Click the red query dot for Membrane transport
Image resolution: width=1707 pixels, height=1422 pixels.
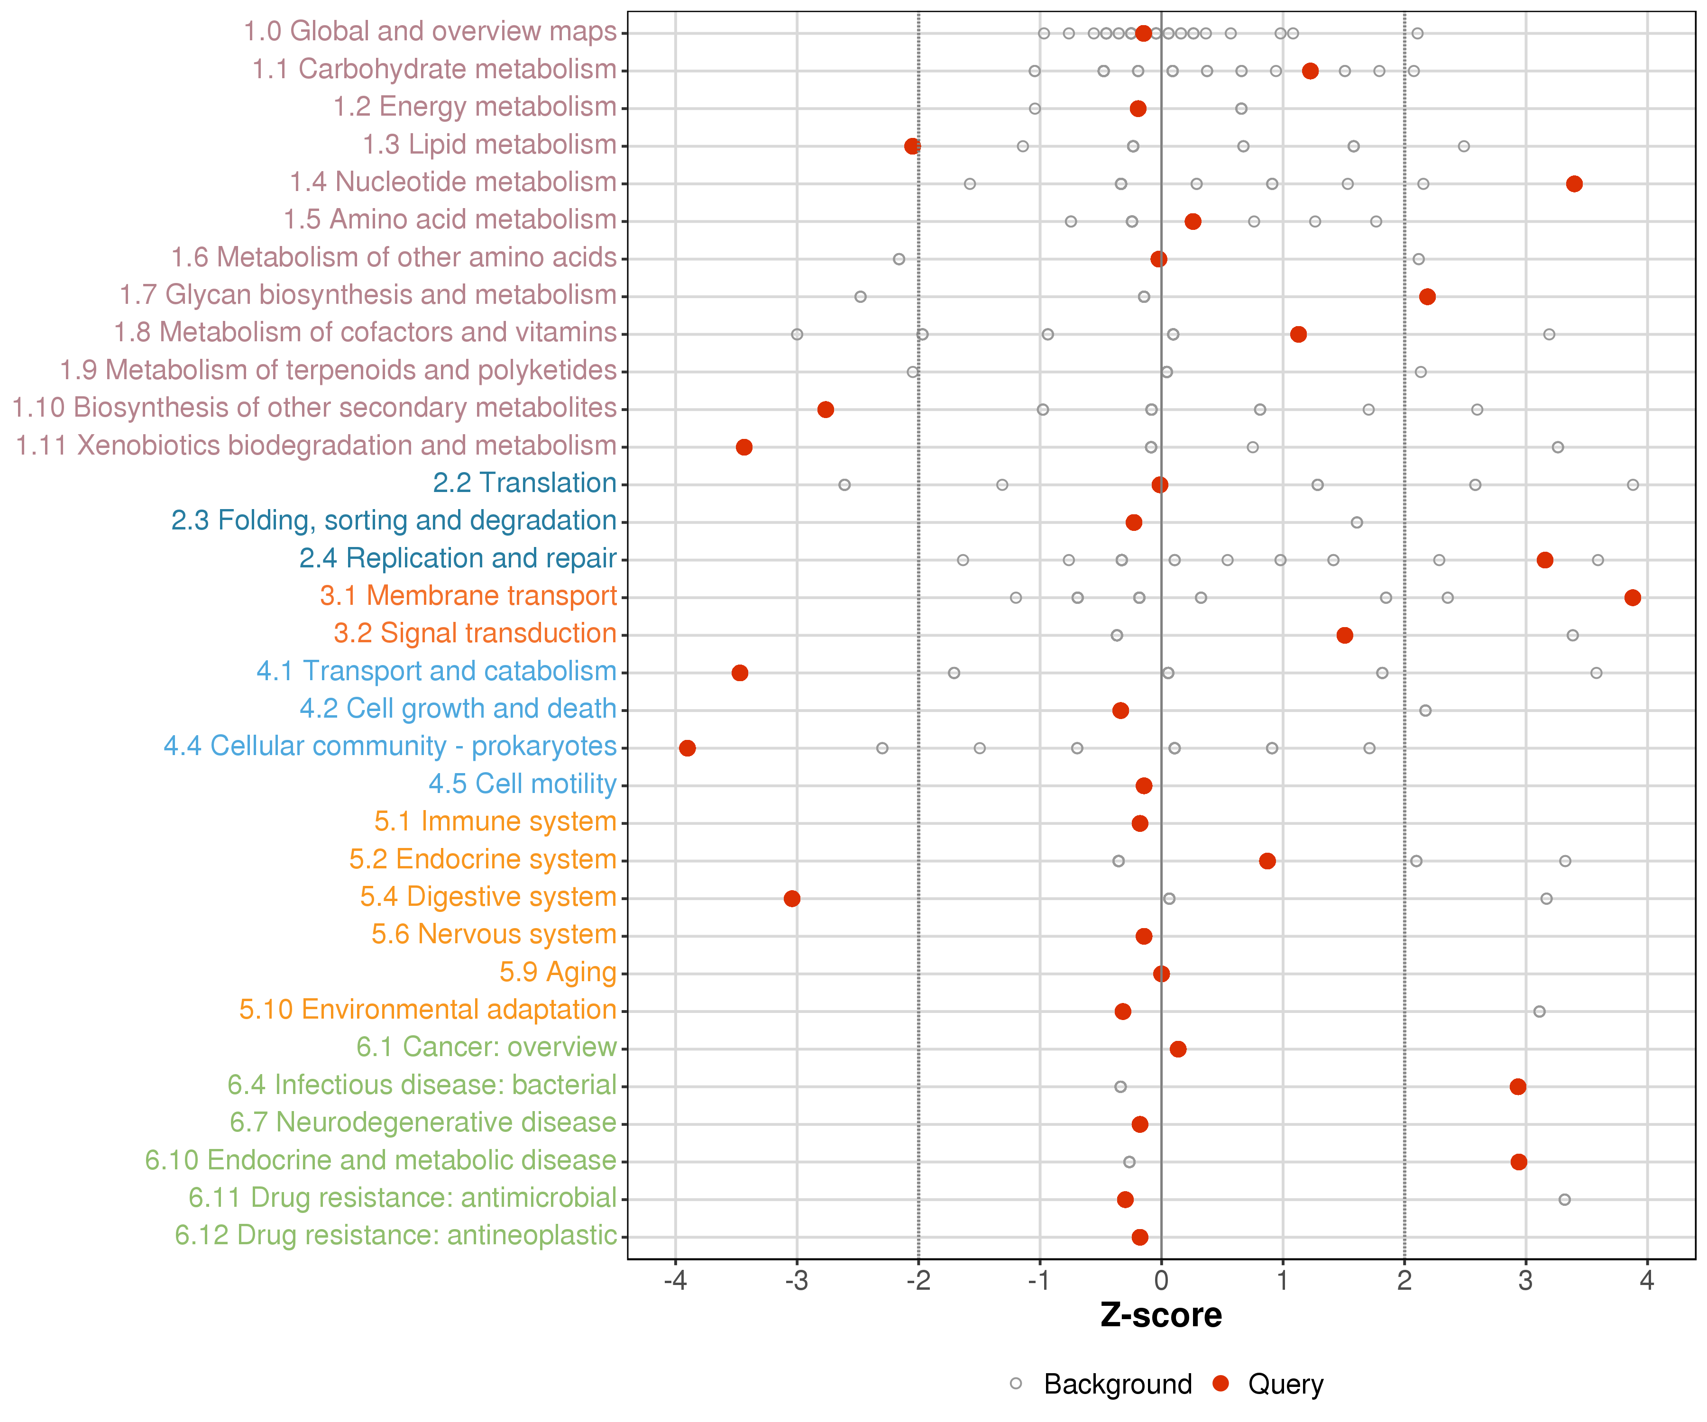click(1632, 598)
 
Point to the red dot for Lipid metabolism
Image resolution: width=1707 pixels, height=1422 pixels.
click(912, 146)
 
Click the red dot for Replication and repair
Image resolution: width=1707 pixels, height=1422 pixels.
click(1544, 560)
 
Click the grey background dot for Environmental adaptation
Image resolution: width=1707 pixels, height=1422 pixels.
click(1539, 1011)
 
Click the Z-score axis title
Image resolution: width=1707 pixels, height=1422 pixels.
click(1161, 1315)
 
